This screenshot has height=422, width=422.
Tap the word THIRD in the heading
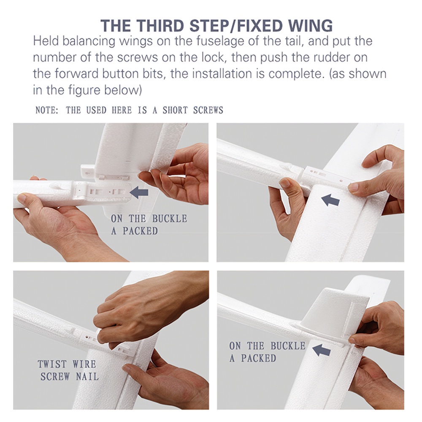click(x=160, y=26)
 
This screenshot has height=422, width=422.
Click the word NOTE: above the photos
click(x=47, y=110)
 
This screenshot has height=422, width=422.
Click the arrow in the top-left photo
click(x=139, y=192)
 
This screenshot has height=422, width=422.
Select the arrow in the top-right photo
click(x=330, y=200)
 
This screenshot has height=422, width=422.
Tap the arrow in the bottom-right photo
click(x=321, y=350)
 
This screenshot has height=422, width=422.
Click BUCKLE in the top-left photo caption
click(x=170, y=219)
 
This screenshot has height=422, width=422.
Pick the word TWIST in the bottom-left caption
click(x=52, y=364)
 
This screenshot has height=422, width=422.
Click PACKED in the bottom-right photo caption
click(x=259, y=358)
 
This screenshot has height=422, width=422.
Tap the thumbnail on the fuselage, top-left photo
click(x=22, y=198)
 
